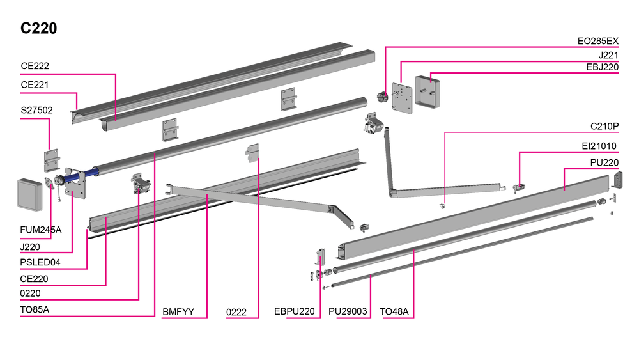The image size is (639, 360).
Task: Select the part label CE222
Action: click(x=35, y=67)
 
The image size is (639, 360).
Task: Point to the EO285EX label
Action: click(x=597, y=42)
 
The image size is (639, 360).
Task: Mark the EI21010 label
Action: click(x=601, y=146)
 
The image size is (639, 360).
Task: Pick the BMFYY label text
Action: click(x=176, y=312)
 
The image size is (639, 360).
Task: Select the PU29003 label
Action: click(x=348, y=312)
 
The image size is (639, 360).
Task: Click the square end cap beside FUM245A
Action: click(x=29, y=193)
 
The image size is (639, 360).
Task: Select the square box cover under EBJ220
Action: click(x=427, y=94)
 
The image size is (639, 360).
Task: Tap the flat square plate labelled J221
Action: click(x=402, y=98)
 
